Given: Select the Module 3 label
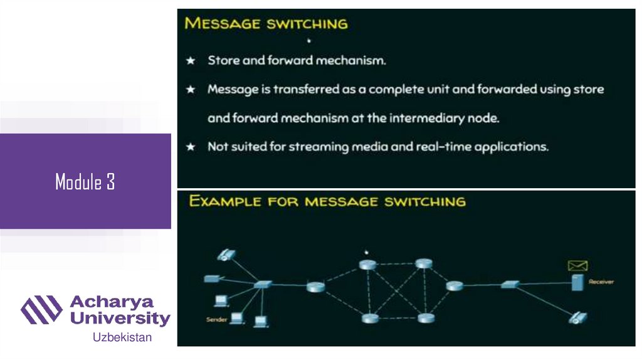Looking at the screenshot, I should (85, 182).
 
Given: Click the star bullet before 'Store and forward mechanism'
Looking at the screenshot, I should (191, 61).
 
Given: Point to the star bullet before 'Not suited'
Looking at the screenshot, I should (191, 147).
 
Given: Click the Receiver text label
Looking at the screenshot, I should (601, 282).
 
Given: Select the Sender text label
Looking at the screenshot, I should (216, 320).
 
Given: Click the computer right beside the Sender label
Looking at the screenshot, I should (236, 319).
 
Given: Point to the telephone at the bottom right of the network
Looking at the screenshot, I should (577, 317).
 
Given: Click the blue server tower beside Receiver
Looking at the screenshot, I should (576, 283).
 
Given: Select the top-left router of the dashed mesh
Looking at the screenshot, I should (367, 265).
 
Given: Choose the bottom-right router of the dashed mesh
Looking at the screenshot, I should (426, 318).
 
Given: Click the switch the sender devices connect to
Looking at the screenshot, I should (263, 285).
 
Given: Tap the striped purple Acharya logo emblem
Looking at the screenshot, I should (42, 309).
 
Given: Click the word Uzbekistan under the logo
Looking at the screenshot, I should (122, 337).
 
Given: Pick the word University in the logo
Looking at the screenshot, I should (120, 318).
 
